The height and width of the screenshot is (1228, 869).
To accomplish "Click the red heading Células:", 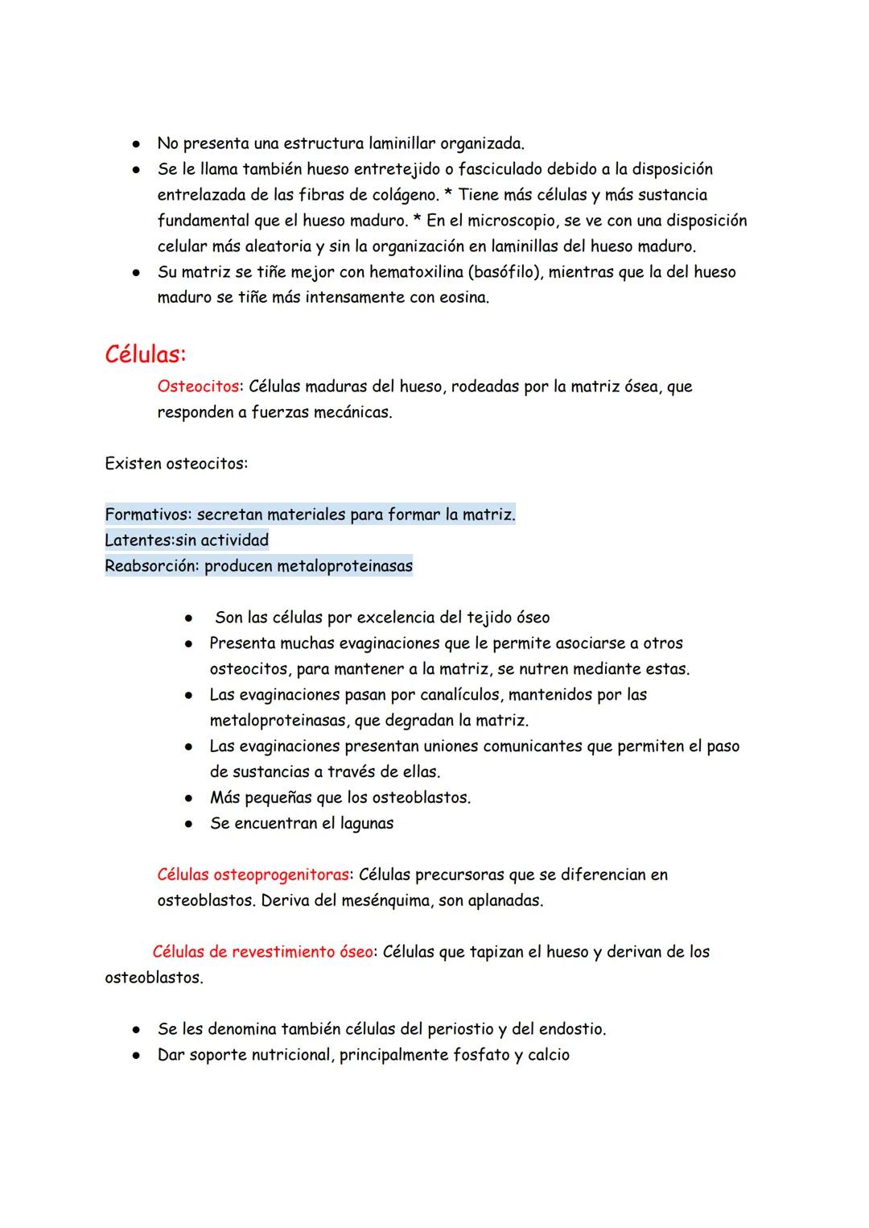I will click(x=145, y=354).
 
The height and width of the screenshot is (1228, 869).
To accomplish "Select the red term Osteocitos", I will click(x=198, y=387).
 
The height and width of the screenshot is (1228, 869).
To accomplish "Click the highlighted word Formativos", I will click(x=146, y=515).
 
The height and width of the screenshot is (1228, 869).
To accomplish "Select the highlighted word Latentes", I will click(x=138, y=540).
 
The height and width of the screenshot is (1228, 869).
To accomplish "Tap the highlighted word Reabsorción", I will click(x=151, y=566).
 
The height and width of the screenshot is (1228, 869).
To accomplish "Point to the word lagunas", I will click(x=366, y=824).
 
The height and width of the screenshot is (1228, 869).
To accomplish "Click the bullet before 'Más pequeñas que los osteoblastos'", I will click(x=187, y=798).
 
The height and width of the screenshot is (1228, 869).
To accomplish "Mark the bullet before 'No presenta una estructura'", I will click(x=137, y=144).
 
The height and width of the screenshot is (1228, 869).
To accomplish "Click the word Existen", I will click(x=133, y=464).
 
